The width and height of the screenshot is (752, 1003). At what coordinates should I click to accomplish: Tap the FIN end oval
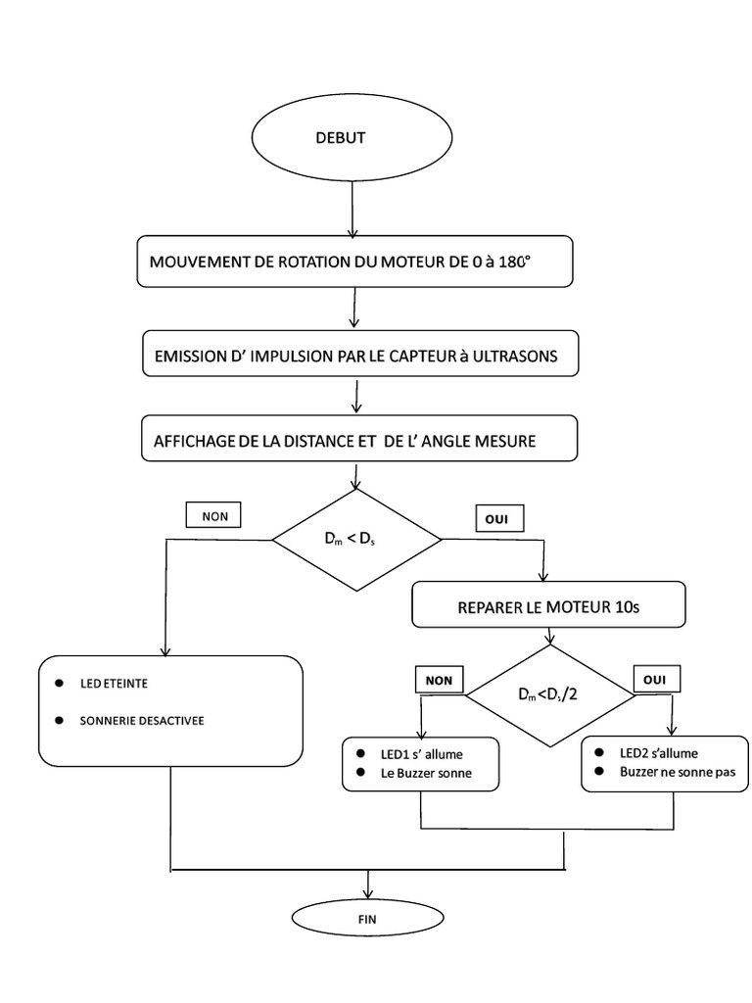(x=369, y=919)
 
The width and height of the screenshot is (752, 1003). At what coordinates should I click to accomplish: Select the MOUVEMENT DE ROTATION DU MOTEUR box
(x=353, y=262)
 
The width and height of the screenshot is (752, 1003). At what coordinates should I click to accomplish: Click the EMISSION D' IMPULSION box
(x=359, y=356)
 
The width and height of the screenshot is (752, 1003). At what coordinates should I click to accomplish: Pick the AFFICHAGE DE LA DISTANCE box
(x=359, y=442)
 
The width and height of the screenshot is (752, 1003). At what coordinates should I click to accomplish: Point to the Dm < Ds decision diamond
(x=356, y=540)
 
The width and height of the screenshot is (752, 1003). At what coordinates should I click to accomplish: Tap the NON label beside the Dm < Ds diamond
(x=212, y=513)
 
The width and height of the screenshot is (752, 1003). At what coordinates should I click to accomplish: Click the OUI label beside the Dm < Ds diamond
(x=497, y=516)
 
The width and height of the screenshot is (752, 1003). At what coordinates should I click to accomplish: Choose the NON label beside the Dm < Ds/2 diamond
(x=441, y=678)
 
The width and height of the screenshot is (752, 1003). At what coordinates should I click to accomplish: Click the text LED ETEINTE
(x=115, y=683)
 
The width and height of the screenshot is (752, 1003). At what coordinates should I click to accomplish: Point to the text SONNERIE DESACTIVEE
(x=143, y=720)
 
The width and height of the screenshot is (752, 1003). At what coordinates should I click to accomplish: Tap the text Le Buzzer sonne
(x=427, y=773)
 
